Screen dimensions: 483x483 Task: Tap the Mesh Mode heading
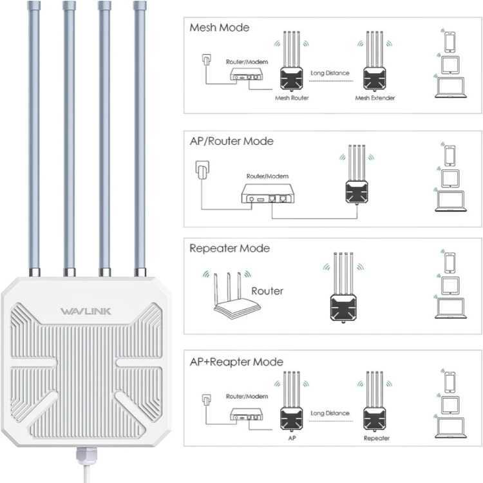pos(219,28)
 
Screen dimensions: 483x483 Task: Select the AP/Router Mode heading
pos(231,141)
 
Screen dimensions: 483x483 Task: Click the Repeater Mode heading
pos(229,248)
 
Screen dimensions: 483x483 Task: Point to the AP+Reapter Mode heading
pos(236,362)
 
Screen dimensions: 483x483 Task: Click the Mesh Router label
pos(292,98)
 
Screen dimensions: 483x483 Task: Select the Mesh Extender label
pos(375,98)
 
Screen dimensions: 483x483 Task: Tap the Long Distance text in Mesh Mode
pos(330,73)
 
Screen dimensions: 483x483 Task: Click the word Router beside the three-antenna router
pos(267,290)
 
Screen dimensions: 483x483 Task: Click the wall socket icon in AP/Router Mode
pos(200,172)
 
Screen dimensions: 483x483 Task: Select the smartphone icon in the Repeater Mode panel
pos(450,262)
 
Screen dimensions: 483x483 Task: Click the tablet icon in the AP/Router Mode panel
pos(450,177)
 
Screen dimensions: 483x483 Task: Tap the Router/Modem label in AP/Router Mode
pos(267,176)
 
